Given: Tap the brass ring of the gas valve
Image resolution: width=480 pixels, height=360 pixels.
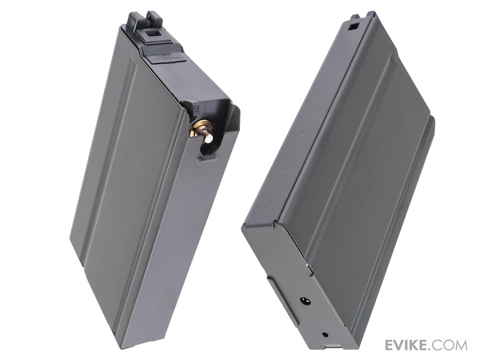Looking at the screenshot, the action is (x=196, y=131).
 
